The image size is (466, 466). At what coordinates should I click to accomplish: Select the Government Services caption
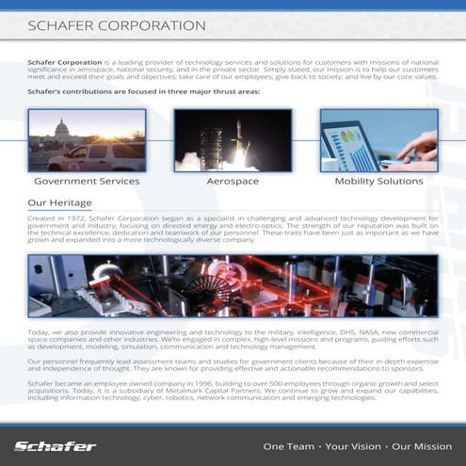87,181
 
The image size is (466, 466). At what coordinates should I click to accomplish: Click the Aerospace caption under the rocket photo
233,181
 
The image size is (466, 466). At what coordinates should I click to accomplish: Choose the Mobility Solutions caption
379,181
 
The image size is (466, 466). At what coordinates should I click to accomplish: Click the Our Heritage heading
59,202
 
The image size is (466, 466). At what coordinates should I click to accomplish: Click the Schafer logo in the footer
55,445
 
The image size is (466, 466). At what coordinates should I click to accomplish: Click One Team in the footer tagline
288,445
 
